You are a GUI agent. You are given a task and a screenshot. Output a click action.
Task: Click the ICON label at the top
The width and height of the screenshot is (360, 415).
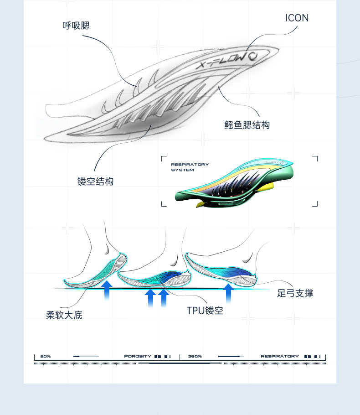pos(297,18)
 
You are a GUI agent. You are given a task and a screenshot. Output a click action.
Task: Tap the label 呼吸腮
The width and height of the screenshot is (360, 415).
pos(76,26)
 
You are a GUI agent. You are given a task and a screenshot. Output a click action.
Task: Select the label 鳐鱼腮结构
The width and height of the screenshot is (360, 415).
pos(247,124)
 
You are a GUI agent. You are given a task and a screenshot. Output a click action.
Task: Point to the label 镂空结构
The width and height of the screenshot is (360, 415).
pos(95,181)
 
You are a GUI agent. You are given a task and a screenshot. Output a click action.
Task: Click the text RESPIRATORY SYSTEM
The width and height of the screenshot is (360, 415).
pos(190,167)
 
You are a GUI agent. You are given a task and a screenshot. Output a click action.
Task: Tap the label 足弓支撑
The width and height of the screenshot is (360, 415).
pos(295,293)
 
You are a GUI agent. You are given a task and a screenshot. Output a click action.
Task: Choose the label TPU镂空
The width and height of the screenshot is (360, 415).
pos(205,311)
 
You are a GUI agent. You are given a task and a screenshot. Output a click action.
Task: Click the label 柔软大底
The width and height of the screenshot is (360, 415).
pos(64,315)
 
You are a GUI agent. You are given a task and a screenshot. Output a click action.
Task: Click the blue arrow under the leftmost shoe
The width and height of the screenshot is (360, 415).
pos(107,290)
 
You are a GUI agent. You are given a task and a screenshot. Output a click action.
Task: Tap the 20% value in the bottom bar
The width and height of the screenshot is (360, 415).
pos(45,356)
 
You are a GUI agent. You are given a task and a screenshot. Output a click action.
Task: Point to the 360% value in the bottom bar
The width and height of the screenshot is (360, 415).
pos(195,356)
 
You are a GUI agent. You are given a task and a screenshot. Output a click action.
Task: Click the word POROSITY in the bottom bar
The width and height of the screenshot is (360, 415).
pos(138,356)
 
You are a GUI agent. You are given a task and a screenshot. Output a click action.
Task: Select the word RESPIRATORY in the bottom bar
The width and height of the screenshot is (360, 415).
pos(280,356)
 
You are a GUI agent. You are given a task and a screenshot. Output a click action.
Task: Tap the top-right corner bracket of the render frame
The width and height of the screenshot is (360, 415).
pos(315,158)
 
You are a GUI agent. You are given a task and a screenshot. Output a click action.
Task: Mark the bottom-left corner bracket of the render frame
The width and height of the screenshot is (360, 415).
pos(164,204)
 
